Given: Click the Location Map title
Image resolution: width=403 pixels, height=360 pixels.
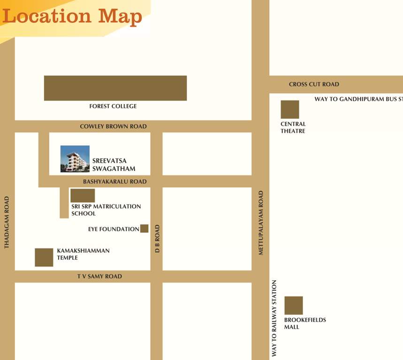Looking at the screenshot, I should tap(72, 16).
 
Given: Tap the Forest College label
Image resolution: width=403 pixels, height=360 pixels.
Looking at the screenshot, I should tap(113, 106).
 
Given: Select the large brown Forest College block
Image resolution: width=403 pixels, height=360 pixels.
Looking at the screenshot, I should tap(115, 88).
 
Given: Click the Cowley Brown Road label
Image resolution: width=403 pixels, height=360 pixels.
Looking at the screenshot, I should tap(113, 127).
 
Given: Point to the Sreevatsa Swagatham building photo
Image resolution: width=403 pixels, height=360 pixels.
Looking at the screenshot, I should tap(75, 159).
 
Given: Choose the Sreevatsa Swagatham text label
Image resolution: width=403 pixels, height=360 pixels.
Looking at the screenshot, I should tap(114, 165).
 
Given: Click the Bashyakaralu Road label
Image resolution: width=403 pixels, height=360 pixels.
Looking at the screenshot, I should tap(115, 181).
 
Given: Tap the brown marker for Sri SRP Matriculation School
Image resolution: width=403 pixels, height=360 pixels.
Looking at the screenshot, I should tap(83, 195).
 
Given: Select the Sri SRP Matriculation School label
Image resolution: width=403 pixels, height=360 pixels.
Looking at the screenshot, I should tap(106, 210).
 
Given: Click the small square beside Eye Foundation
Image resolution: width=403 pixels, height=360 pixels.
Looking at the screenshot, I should tap(144, 229).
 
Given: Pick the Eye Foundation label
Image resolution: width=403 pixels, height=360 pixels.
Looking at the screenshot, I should tap(114, 229).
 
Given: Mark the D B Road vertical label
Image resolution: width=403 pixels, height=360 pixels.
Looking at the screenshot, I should tap(158, 239).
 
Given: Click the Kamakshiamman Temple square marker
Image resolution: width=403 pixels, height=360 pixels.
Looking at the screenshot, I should tap(44, 257).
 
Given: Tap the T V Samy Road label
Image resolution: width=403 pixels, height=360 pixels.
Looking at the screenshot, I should tap(99, 277).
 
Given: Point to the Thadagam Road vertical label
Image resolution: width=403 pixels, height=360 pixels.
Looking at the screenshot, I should tap(7, 222).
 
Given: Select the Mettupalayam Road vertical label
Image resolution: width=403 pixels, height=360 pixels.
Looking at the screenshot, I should tap(261, 223).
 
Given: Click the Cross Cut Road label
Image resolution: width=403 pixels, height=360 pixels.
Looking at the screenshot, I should tap(314, 84).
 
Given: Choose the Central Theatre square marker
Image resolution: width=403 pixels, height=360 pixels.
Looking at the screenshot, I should tap(290, 110).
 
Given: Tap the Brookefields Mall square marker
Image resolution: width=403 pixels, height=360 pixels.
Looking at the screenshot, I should tap(294, 306).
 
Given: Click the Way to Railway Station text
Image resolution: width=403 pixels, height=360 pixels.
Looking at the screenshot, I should tap(274, 319).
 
